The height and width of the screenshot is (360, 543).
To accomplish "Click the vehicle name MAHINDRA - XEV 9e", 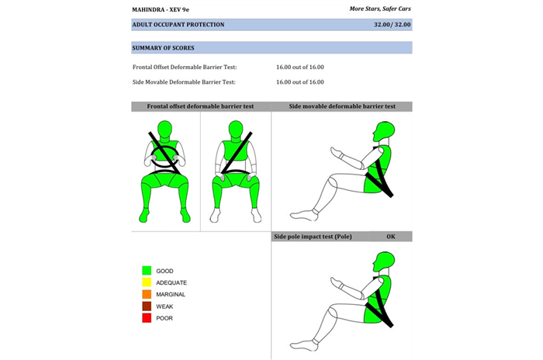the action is coord(161,10).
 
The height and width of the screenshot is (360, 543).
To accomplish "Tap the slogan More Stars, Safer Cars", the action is coord(380,9).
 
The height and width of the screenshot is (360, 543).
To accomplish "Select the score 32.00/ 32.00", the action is coord(392,25).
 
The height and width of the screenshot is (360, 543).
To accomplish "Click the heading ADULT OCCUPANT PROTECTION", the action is coord(178,25).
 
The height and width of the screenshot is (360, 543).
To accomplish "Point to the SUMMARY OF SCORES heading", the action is coord(163,48).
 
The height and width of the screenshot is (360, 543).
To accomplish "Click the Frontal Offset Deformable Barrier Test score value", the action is coord(300,67).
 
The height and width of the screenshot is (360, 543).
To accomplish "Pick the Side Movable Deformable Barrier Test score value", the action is coord(300,82).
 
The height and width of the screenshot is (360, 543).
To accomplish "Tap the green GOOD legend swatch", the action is coord(147,271).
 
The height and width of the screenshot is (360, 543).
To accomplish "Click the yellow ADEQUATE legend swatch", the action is coord(147,282).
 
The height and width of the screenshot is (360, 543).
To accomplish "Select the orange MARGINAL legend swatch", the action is coord(147,294).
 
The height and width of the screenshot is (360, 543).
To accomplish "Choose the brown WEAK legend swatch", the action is coord(147,306).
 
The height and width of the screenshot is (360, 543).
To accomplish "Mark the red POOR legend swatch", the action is coord(147,318).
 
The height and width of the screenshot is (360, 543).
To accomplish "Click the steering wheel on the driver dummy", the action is coord(164,157).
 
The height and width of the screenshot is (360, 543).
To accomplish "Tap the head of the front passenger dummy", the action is coord(236,130).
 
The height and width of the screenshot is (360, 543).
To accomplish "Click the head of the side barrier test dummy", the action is coord(384,131).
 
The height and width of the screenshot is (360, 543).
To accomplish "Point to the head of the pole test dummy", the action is coord(384,262).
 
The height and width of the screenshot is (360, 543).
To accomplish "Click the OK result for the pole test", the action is coord(391,237).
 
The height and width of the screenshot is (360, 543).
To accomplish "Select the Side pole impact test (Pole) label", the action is coord(313,237).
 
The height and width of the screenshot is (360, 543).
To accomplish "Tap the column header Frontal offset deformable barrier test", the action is coord(200,106).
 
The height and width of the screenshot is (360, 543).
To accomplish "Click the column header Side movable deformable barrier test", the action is coord(342,106).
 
